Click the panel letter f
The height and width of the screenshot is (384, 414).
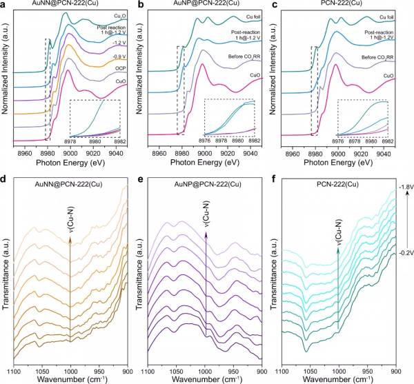tap(280, 199)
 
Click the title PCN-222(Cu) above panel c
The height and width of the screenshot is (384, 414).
tap(344, 5)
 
